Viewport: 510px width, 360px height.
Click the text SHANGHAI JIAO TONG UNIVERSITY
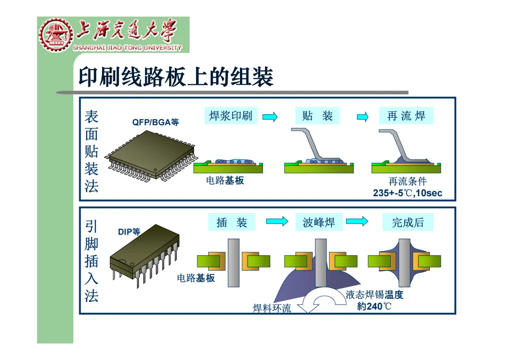pos(127,48)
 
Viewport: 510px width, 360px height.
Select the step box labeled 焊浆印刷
pos(231,116)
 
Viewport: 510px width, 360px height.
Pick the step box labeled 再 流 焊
pos(406,116)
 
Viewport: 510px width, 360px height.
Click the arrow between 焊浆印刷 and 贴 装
pos(270,117)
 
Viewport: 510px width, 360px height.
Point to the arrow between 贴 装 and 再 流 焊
pos(362,117)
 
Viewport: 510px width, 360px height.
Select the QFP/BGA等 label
pos(155,122)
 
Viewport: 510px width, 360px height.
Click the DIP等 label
pos(129,232)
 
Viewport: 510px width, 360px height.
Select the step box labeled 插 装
pos(231,222)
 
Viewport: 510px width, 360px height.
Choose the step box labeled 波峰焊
pos(319,222)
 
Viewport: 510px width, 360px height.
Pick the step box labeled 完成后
pos(408,222)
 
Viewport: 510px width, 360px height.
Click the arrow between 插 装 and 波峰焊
pos(277,222)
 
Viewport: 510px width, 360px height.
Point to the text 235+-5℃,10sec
pos(408,193)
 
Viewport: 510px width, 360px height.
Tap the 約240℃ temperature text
pos(374,306)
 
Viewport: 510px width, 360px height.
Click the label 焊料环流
pos(272,309)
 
